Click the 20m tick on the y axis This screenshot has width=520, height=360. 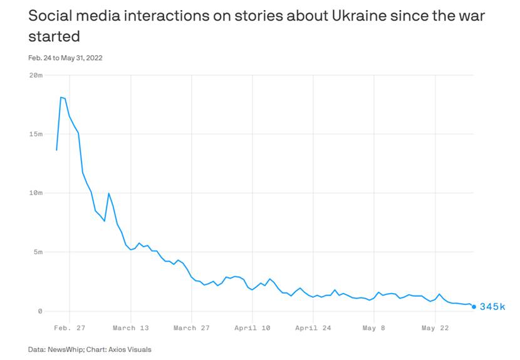[x=36, y=75]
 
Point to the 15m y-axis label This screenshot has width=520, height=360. [x=36, y=134]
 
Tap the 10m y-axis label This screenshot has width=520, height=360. [x=36, y=193]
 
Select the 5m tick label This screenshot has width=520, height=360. [x=38, y=252]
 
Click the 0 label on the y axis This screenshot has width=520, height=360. [x=40, y=311]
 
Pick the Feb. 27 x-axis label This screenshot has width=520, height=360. [x=70, y=327]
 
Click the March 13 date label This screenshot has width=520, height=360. [x=131, y=327]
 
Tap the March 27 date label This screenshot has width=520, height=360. [x=193, y=327]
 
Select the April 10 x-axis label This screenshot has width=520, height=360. [x=252, y=327]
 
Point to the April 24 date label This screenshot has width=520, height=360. [x=313, y=327]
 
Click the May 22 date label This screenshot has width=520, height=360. [x=435, y=327]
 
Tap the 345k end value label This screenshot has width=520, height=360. [x=492, y=307]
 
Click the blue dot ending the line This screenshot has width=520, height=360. [x=474, y=307]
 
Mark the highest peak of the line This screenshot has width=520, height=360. [x=61, y=97]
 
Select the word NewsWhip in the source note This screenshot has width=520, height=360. [x=68, y=349]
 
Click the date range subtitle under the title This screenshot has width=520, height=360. [x=65, y=58]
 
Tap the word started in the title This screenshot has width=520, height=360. [x=54, y=36]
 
